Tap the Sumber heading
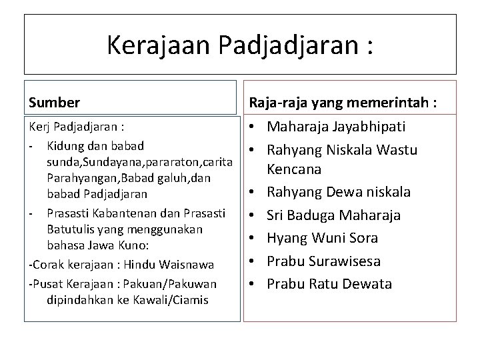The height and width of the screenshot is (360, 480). pos(55,103)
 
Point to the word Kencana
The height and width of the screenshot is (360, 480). pos(294,169)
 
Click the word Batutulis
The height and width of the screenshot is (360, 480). pos(70,229)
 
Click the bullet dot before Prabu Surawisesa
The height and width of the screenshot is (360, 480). pos(257,261)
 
